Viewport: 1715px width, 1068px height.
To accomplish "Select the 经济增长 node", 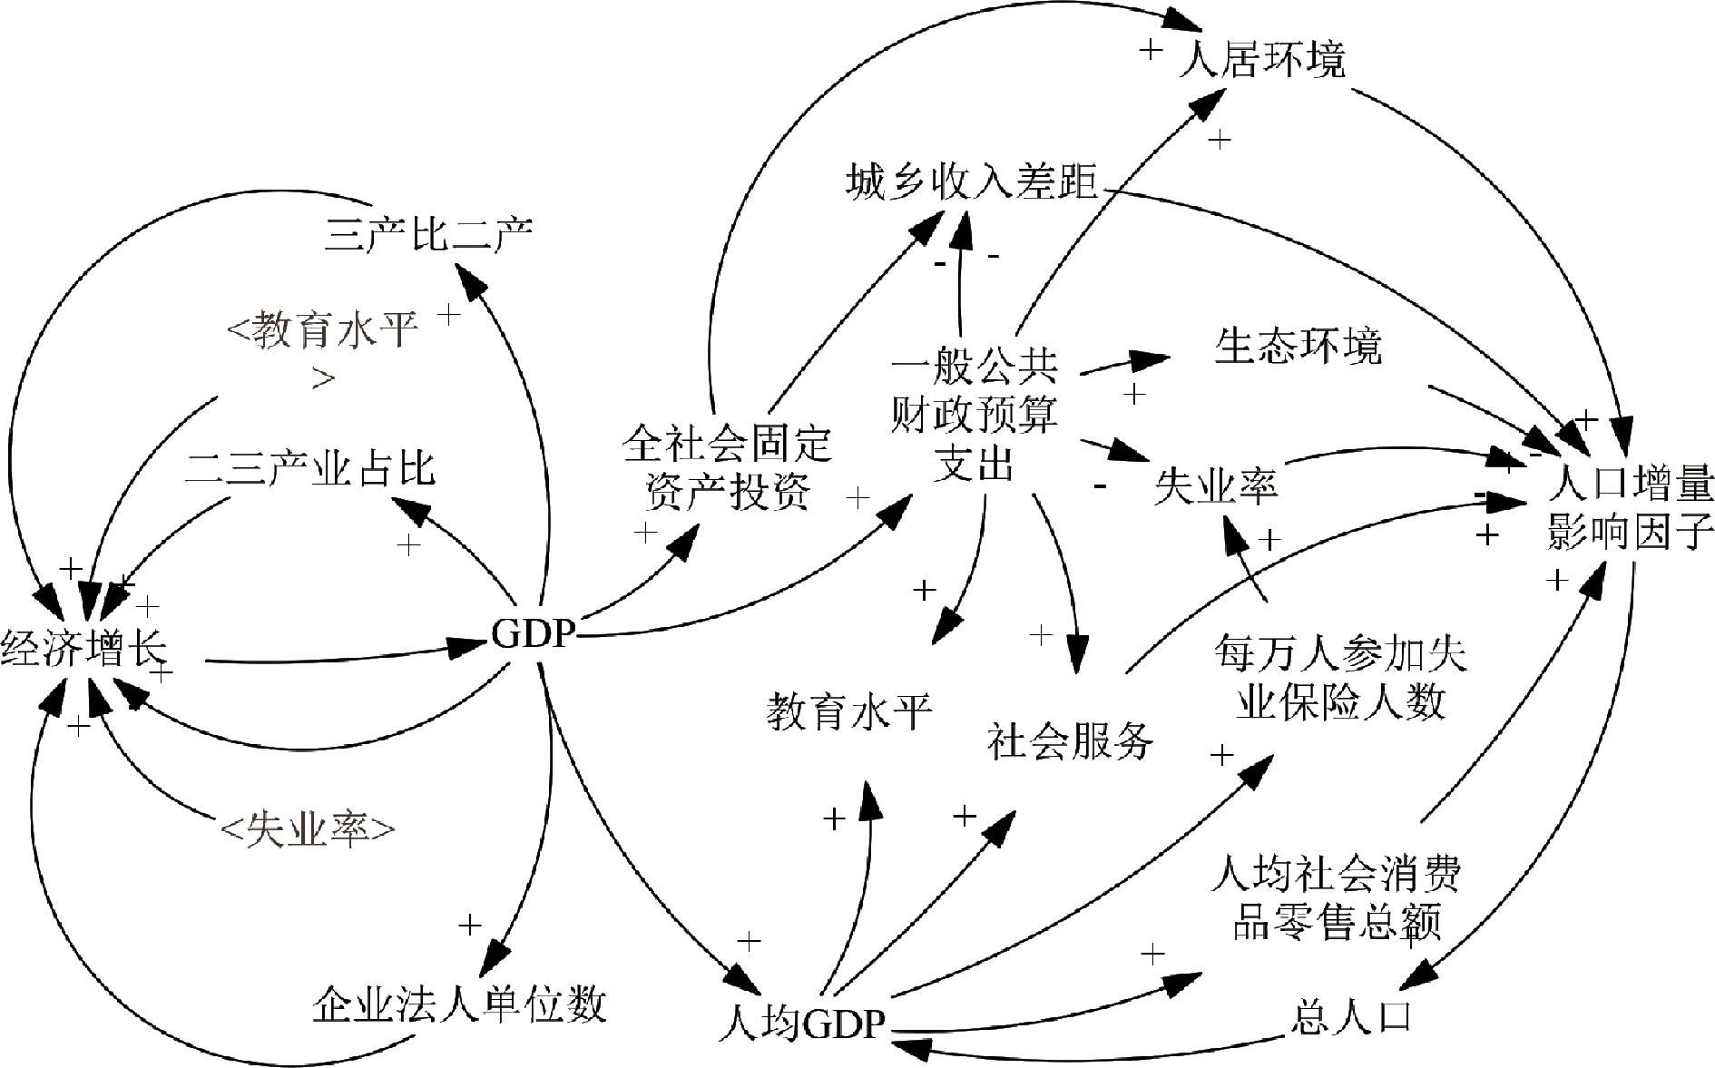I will [x=83, y=651].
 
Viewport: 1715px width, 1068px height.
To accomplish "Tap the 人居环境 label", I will [x=1261, y=60].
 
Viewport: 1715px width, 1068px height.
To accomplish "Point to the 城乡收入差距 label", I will [x=972, y=182].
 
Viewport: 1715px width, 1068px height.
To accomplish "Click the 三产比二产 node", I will [x=428, y=234].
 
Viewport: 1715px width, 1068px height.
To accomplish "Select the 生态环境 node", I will [x=1298, y=347].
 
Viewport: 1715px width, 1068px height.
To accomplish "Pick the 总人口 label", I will [x=1351, y=1016].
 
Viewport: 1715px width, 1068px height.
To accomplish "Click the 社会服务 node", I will [x=1070, y=740].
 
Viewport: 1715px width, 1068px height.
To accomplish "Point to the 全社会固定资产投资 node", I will [x=727, y=468].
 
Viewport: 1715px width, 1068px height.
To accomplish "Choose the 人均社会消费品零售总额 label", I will [x=1337, y=898].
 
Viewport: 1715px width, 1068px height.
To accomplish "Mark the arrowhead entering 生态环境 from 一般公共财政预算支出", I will [x=1154, y=358].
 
